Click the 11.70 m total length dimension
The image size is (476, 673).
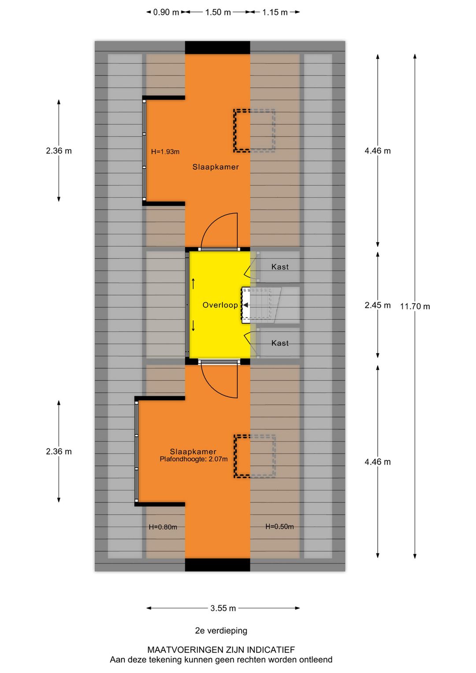pos(415,306)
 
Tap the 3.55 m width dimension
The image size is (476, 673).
pos(223,608)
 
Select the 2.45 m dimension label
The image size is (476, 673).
pos(377,305)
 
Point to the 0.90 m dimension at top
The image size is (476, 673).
pos(166,12)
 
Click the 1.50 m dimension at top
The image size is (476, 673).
pos(218,12)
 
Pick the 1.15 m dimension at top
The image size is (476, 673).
pos(275,12)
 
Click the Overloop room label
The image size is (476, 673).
pos(220,305)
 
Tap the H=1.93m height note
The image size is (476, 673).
pos(165,152)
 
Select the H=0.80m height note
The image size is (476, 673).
pos(163,527)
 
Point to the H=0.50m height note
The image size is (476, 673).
pos(279,527)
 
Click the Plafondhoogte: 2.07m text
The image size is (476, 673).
pos(193,459)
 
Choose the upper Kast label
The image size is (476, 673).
pos(280,267)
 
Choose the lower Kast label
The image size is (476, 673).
pos(280,343)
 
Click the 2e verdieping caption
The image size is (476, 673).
pos(221,631)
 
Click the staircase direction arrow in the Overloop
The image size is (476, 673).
pos(246,305)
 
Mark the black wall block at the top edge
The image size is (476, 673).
pos(217,48)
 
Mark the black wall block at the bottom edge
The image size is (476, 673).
pos(217,565)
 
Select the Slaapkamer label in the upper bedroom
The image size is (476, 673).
pos(216,167)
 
